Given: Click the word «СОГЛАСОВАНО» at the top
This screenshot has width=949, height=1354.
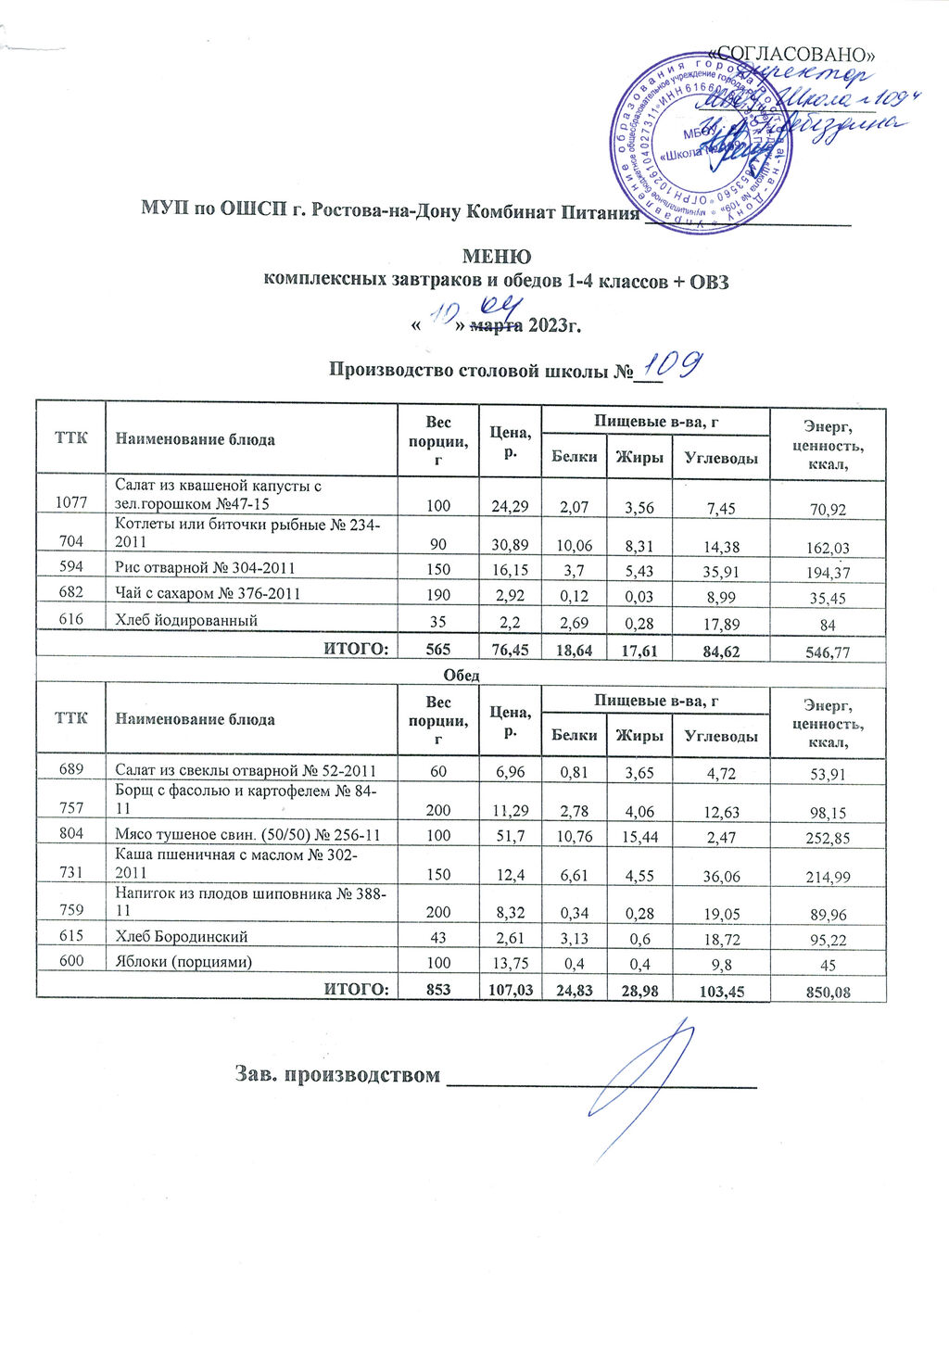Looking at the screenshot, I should [791, 52].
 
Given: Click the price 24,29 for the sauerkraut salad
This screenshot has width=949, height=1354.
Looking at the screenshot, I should [511, 506].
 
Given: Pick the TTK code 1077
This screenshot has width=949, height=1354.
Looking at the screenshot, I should [71, 503].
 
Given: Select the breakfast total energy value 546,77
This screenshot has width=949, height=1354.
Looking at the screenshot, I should [829, 652].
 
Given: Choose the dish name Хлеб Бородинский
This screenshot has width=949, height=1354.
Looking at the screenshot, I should [182, 937].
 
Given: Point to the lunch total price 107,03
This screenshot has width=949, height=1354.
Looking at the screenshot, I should [511, 991].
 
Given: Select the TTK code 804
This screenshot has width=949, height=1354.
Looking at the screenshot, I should [71, 834].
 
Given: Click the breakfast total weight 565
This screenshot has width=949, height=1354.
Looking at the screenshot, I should [438, 651].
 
